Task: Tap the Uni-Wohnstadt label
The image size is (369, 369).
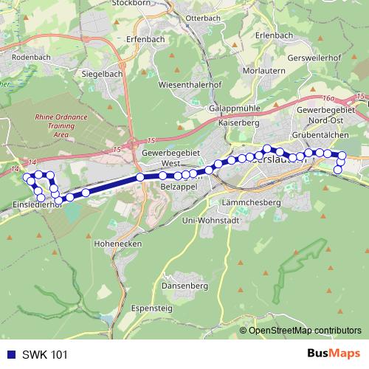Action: (x=231, y=220)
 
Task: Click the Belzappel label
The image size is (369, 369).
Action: (x=176, y=187)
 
